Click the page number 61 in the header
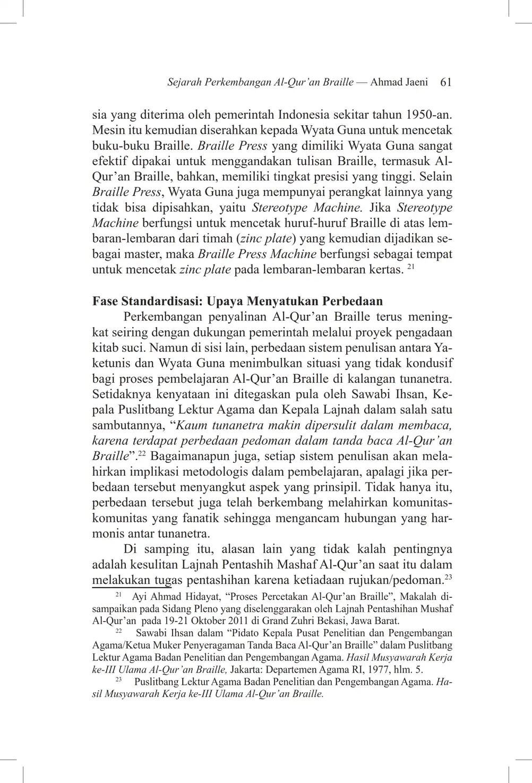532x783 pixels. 446,82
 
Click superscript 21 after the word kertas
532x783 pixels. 410,266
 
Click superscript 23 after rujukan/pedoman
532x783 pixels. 448,577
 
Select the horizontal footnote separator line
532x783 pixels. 132,588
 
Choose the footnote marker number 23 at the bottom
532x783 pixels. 119,679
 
